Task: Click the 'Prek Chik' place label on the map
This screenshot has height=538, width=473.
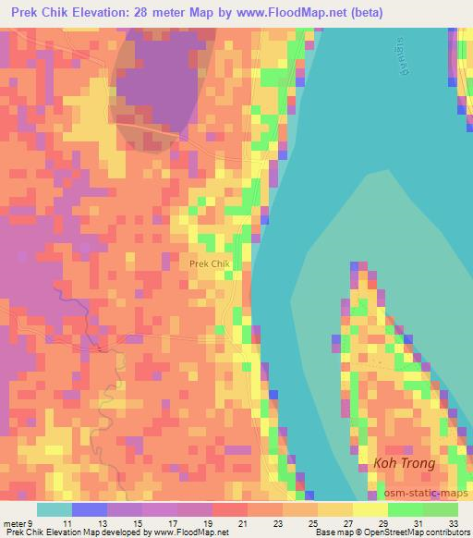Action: (209, 263)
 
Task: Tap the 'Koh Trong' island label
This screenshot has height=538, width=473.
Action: (404, 464)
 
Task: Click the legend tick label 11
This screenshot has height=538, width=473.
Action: (67, 523)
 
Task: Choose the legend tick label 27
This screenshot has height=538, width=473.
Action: (349, 523)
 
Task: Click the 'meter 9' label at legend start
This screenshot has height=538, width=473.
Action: (18, 523)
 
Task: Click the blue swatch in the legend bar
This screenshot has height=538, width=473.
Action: (89, 509)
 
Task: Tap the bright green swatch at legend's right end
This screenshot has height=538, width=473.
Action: (440, 509)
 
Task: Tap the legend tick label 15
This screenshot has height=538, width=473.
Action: (137, 523)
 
